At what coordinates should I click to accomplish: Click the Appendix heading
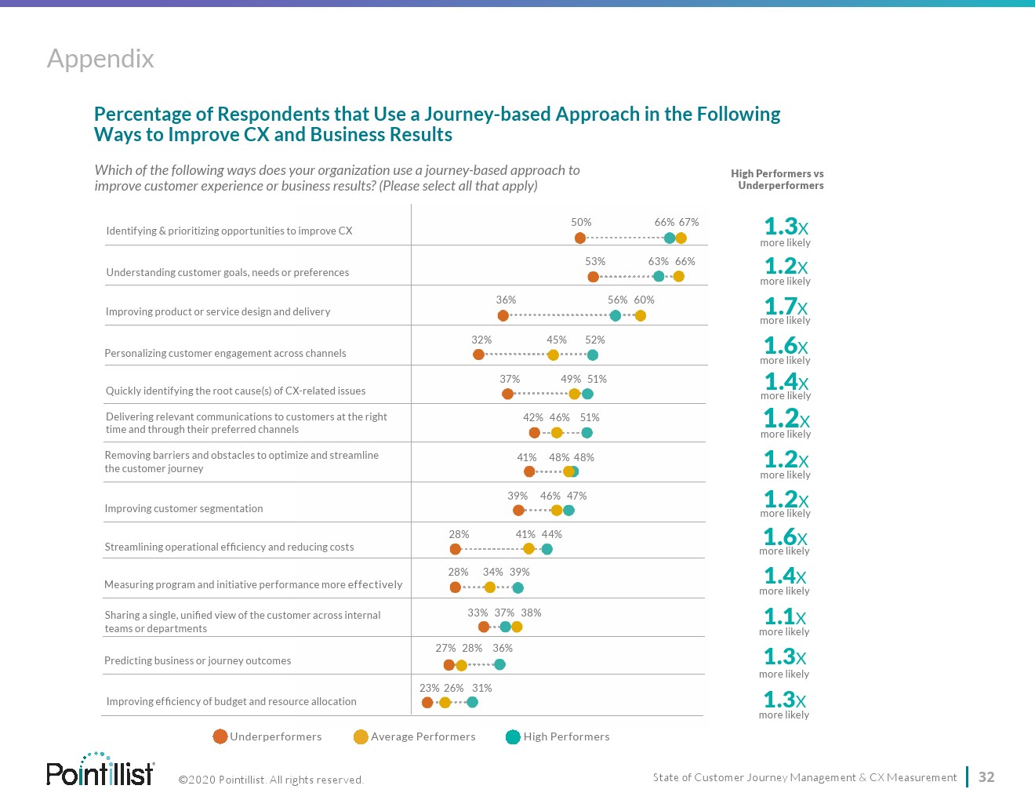coord(100,59)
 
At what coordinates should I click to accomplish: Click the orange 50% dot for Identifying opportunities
coord(580,238)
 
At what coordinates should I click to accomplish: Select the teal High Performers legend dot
coord(513,737)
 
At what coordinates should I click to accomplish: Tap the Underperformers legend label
coord(275,737)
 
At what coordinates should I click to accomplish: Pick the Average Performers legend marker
coord(361,737)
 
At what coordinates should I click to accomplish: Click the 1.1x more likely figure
coord(784,616)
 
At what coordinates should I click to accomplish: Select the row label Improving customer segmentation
coord(183,508)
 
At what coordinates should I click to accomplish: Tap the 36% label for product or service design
coord(506,300)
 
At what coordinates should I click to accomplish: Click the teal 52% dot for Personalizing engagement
coord(593,355)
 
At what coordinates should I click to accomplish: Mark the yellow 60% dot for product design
coord(641,316)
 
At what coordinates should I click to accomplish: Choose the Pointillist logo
coord(100,770)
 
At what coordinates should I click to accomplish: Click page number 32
coord(986,777)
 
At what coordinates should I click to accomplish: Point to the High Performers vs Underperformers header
coord(777,180)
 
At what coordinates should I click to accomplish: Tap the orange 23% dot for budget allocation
coord(427,703)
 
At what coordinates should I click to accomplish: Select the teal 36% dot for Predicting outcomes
coord(499,665)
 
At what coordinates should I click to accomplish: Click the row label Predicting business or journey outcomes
coord(198,661)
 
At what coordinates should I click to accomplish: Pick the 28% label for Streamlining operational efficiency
coord(459,534)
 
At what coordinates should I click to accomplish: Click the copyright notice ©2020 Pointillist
coord(271,780)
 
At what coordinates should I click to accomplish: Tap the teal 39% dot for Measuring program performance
coord(517,587)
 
